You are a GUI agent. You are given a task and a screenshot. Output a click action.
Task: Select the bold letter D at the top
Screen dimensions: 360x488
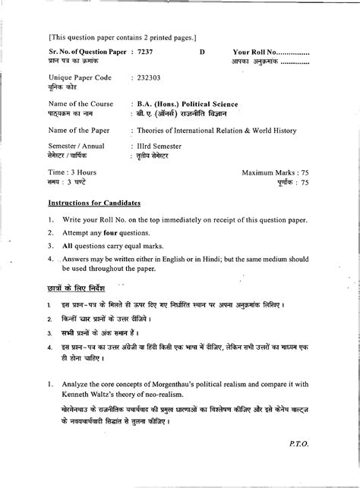click(x=202, y=51)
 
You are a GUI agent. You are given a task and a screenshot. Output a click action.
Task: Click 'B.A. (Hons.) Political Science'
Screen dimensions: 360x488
click(x=187, y=103)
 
